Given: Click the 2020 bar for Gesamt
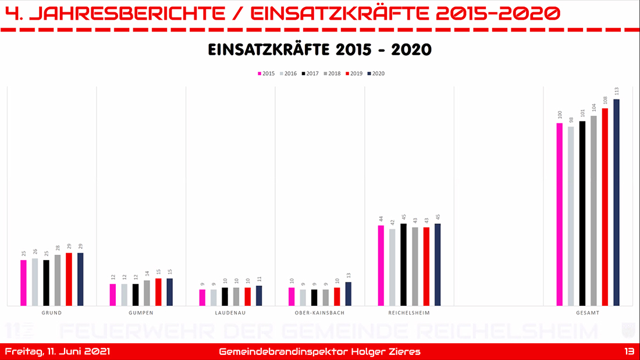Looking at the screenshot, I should pos(616,202).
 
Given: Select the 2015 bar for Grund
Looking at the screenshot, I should pos(23,283).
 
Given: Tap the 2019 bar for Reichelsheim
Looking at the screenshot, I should pos(426,266).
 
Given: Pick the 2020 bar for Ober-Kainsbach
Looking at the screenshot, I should pos(348,294).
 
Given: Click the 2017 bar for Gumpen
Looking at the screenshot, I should pos(135,295).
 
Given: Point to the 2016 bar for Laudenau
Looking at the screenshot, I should pos(214,297).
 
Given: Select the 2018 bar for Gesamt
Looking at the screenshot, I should pos(593,211).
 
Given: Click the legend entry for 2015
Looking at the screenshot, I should pos(266,74).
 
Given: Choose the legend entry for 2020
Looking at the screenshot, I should pos(375,74).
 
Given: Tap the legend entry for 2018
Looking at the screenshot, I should pos(332,74).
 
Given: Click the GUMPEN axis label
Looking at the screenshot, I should pos(141,313).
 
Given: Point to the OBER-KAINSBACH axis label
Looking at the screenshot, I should pos(319,313).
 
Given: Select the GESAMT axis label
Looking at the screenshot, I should pos(588,313).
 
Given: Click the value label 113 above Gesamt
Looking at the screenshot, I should pos(616,91).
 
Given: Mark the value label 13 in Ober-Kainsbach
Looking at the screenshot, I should pos(348,275).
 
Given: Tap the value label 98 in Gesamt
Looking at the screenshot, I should pos(571,119).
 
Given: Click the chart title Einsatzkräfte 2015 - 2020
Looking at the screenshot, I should pos(319,50).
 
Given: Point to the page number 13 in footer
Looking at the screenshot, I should pos(628,352).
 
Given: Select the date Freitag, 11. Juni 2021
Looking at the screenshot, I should pos(57,352).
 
